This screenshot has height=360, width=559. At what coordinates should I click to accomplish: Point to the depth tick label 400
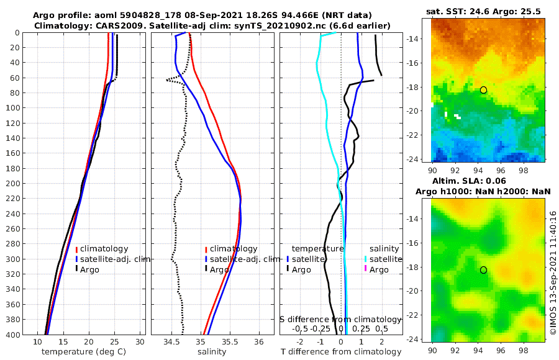click(x=13, y=335)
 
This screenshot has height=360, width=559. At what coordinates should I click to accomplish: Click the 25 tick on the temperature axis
click(x=114, y=342)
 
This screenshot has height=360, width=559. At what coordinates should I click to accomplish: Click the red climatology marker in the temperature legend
click(x=76, y=249)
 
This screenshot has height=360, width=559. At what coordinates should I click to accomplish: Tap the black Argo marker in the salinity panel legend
click(x=206, y=269)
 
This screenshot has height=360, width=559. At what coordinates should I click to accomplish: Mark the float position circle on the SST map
click(x=483, y=90)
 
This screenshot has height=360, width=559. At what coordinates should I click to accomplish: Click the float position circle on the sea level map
click(x=483, y=270)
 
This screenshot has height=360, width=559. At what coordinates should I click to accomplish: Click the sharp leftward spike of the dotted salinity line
click(x=167, y=80)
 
